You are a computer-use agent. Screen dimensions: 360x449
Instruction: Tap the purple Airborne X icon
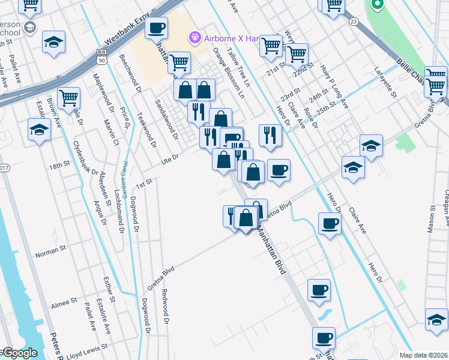point(194,38)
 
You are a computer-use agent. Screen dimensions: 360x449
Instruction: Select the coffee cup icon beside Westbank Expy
point(157,28)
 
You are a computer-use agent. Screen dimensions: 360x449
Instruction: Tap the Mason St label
point(431,219)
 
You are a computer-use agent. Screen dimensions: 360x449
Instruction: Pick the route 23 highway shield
point(353,22)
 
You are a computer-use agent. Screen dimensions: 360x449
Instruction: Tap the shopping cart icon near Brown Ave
point(68,97)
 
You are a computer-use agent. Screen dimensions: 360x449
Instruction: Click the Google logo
point(19,353)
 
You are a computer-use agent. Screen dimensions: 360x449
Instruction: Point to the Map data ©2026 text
point(423,355)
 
